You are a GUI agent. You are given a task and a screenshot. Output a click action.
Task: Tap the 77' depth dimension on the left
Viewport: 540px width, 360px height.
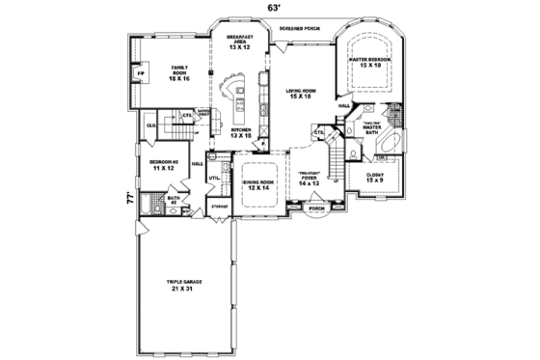coord(126,200)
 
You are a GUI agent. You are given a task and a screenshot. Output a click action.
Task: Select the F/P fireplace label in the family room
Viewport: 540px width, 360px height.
coord(141,73)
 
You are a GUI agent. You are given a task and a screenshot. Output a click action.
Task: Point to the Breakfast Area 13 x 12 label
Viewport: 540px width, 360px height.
coord(239,42)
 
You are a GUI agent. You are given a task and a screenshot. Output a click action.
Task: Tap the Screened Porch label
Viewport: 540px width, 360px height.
coord(299,29)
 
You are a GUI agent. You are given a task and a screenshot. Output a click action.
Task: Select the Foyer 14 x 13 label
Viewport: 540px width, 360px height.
coord(309,179)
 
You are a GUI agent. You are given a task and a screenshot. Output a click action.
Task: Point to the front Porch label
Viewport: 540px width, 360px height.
coord(315,207)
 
